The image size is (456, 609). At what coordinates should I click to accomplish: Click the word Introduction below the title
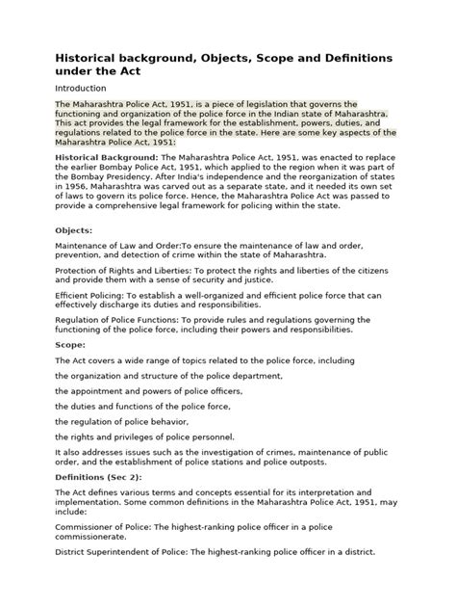point(82,88)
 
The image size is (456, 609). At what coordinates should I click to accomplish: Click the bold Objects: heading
point(75,230)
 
